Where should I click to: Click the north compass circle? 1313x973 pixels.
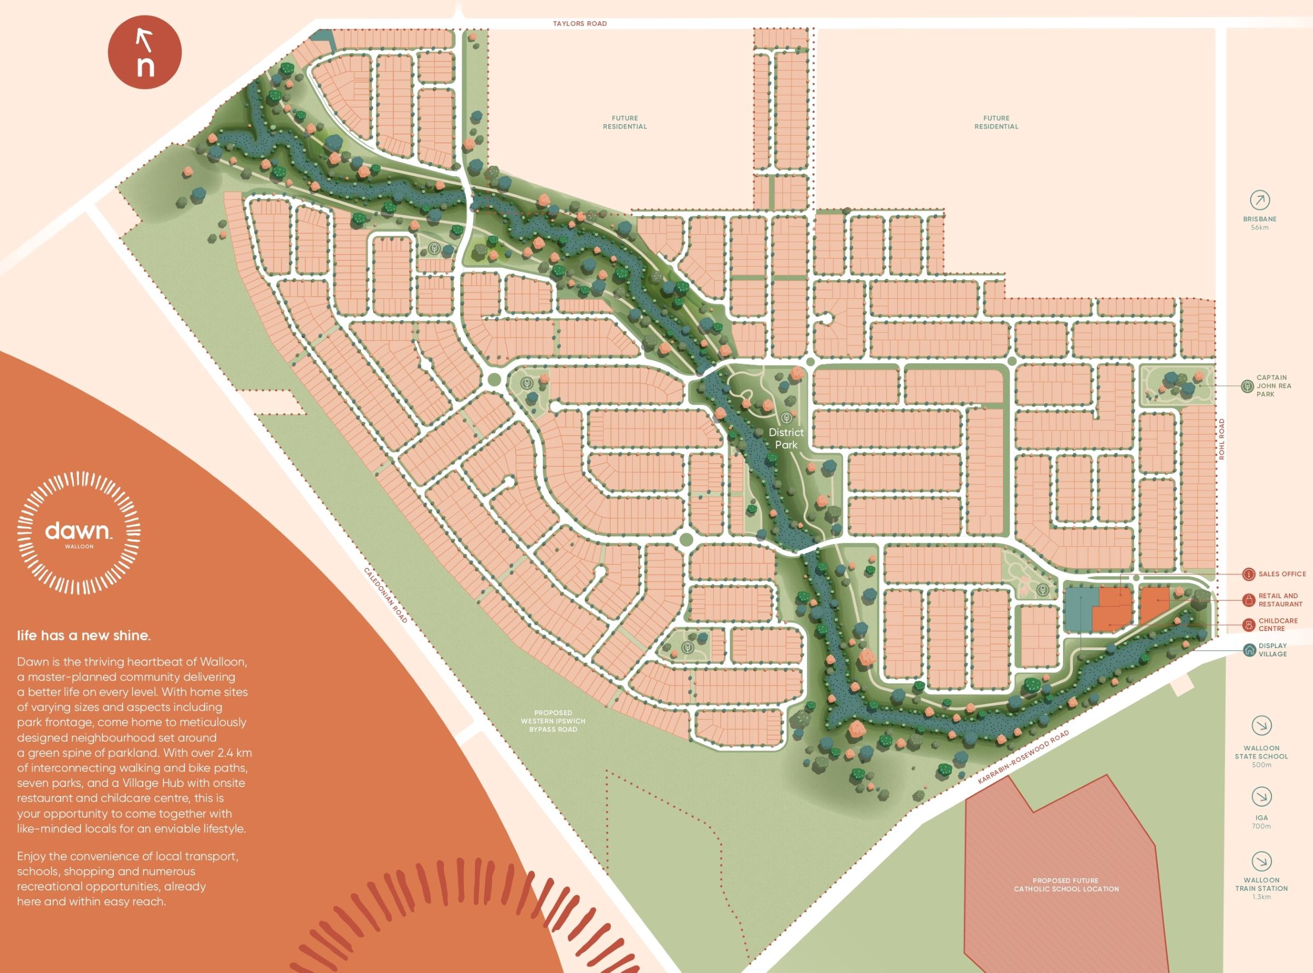click(144, 53)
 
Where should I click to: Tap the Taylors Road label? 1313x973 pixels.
click(579, 24)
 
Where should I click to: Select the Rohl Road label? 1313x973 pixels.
click(1222, 439)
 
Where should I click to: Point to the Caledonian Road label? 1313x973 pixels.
click(385, 595)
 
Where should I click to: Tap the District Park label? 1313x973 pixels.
click(786, 439)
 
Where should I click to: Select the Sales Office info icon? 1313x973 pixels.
click(1248, 574)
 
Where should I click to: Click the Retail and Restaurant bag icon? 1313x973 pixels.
click(1248, 600)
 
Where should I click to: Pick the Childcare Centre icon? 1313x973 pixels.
click(1248, 624)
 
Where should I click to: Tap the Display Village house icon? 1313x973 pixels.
click(1250, 650)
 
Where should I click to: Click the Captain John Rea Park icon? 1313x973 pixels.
click(1246, 386)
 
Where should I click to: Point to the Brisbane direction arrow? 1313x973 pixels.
click(1260, 200)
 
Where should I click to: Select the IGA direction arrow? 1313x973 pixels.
click(1260, 797)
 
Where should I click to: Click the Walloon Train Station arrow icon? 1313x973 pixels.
click(1261, 862)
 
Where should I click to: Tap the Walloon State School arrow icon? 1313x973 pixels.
click(1261, 726)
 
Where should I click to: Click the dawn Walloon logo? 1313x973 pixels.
click(78, 533)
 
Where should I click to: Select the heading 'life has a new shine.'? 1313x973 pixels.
click(84, 635)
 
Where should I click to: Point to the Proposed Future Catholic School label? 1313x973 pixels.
click(1066, 885)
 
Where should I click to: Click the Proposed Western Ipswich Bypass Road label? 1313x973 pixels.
click(553, 721)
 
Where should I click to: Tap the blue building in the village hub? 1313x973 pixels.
click(1080, 609)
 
